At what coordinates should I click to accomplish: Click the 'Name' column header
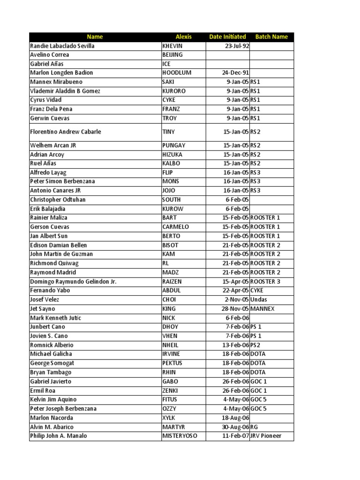pos(95,37)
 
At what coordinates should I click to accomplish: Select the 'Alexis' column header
pos(184,37)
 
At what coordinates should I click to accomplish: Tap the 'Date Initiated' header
pos(227,37)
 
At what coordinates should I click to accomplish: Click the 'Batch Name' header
pos(271,37)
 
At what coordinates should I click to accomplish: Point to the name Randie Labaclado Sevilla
pos(62,46)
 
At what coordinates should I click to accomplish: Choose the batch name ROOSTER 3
pos(265,281)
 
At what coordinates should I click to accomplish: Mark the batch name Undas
pos(259,300)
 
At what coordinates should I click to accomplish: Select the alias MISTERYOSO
pos(180,436)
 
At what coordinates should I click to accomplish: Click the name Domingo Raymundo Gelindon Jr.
pos(73,281)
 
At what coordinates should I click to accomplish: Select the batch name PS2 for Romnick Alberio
pos(255,345)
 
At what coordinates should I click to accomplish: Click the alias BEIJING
pos(172,55)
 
